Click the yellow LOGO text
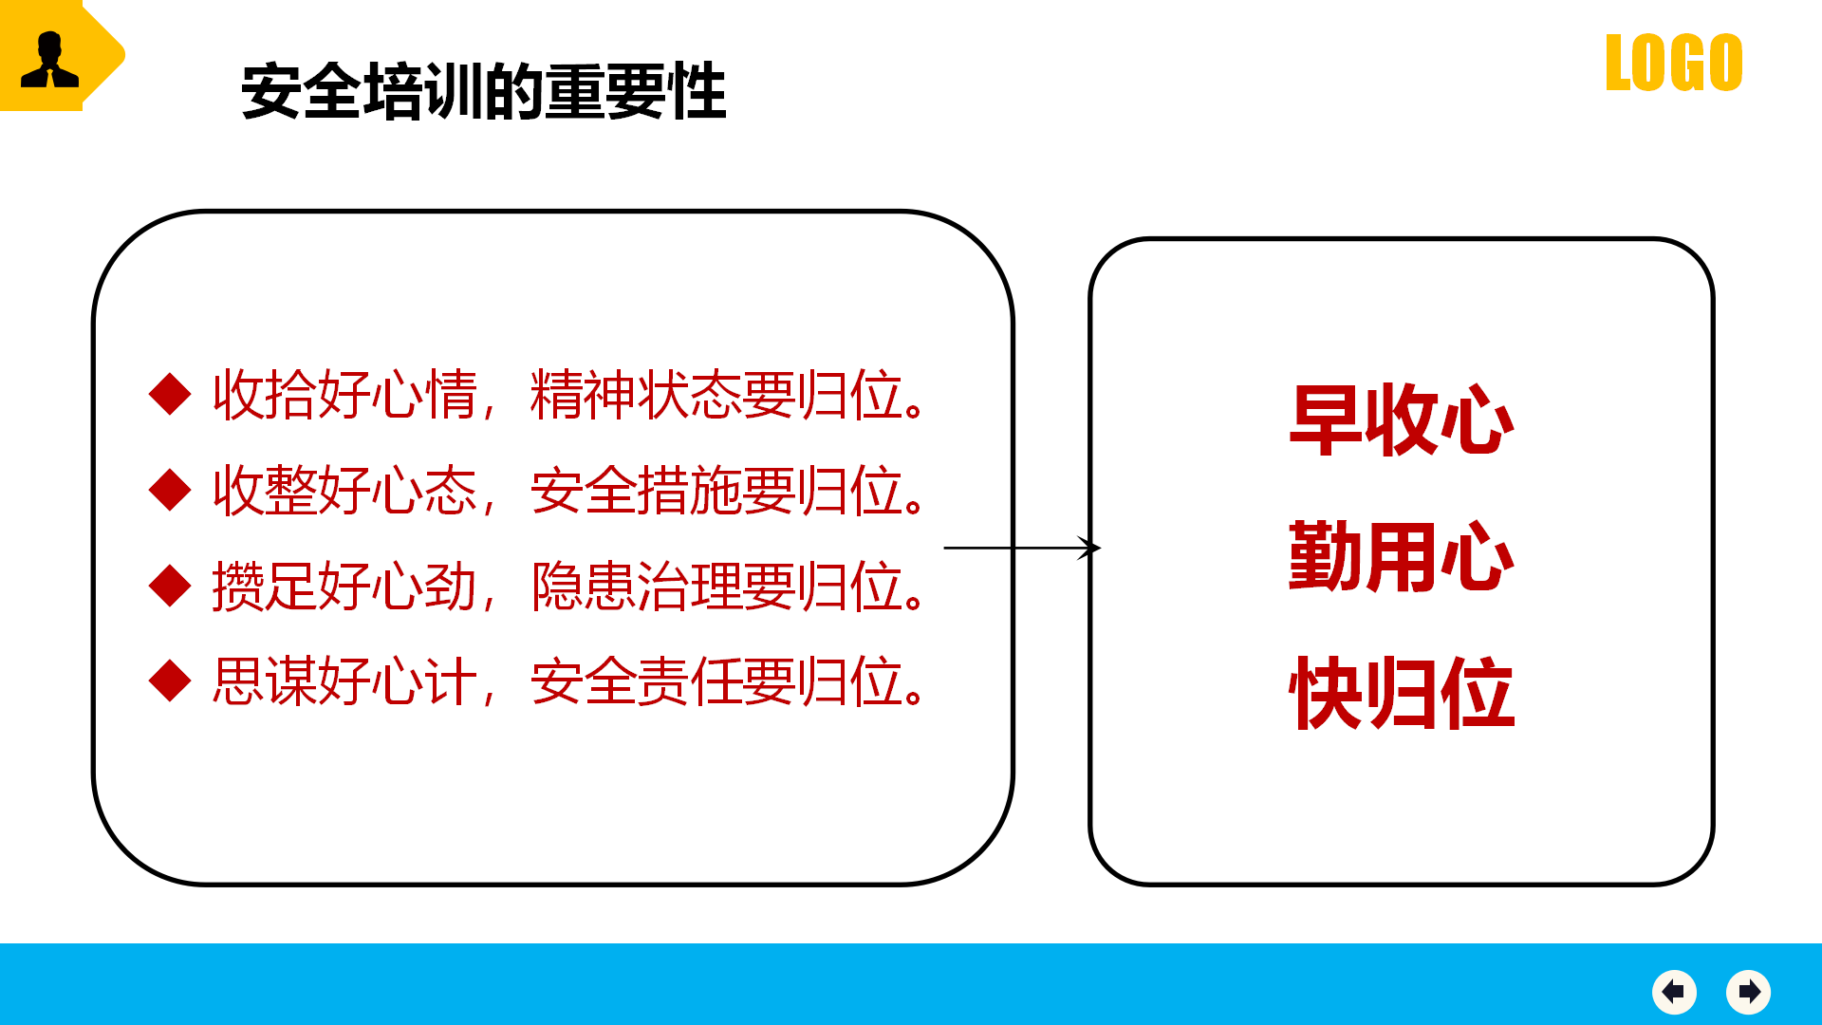point(1674,63)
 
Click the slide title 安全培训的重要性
point(484,92)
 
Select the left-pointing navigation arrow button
point(1674,992)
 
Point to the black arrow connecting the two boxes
point(1022,548)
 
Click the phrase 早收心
point(1402,419)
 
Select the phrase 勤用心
point(1402,556)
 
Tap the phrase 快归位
point(1402,693)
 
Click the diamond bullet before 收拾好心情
point(171,394)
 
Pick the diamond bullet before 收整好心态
point(171,490)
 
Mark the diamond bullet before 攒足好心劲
point(171,586)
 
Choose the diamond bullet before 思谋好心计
point(171,680)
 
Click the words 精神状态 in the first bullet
point(636,395)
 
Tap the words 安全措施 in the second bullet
point(636,491)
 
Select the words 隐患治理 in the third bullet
point(636,587)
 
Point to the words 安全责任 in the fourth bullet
point(636,681)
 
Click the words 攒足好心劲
point(344,587)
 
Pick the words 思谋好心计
point(344,681)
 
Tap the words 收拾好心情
point(344,395)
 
